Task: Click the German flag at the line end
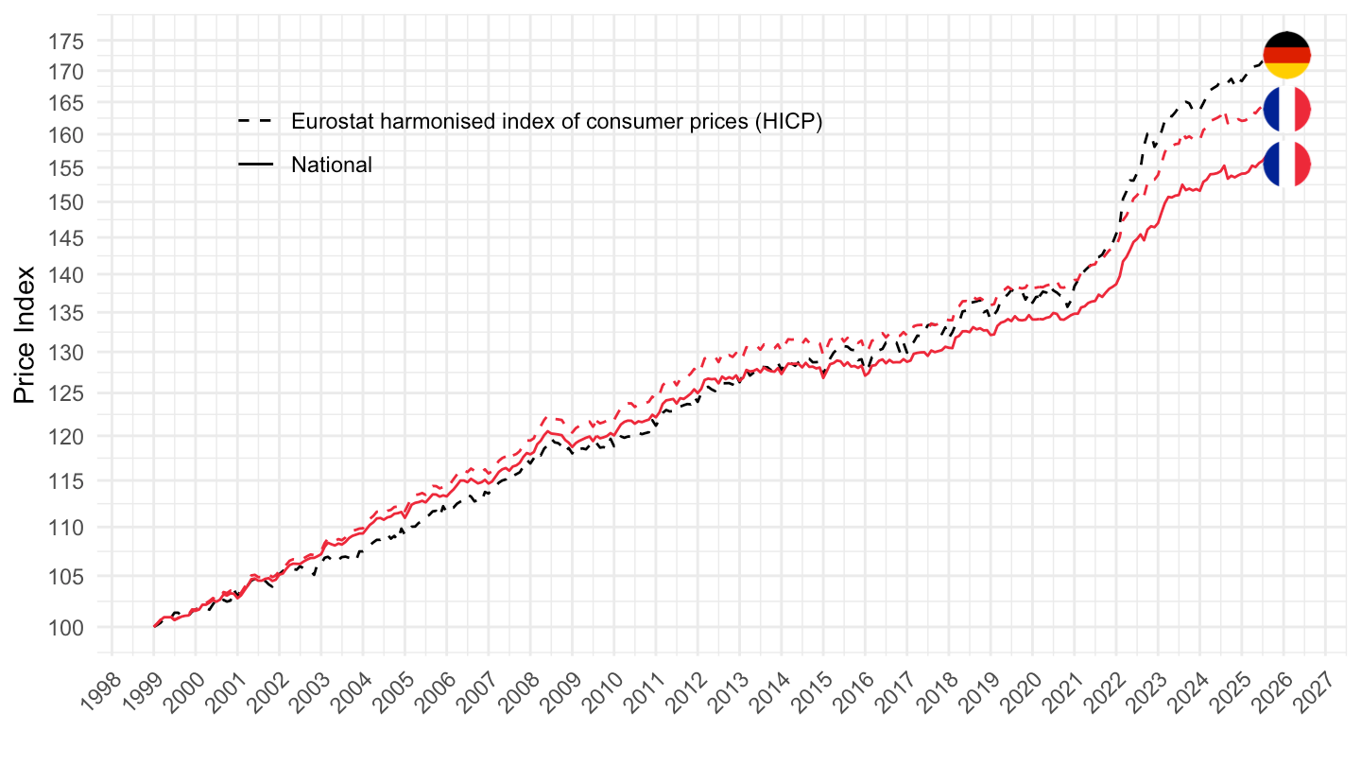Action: [x=1286, y=55]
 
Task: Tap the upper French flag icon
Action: [x=1286, y=110]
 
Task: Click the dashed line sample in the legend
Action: [x=255, y=121]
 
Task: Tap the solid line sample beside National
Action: [x=255, y=165]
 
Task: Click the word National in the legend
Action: [x=332, y=165]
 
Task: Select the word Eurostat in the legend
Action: [x=327, y=121]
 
